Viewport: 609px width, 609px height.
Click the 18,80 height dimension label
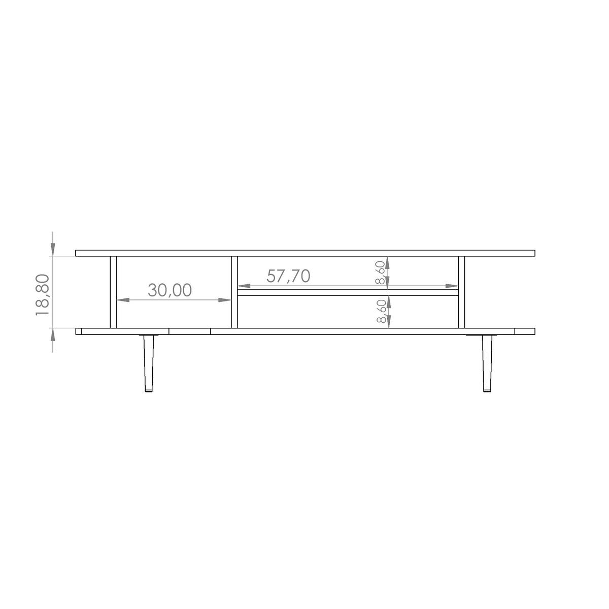42,294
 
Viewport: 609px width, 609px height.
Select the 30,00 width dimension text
170,290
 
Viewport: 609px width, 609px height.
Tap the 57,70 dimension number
288,276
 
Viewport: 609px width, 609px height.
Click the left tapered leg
149,363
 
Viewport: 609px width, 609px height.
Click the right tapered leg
487,363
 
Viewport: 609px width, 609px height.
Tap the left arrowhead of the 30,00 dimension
123,300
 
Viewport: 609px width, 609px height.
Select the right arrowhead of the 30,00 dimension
225,300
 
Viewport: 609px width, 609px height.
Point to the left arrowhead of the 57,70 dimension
244,286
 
